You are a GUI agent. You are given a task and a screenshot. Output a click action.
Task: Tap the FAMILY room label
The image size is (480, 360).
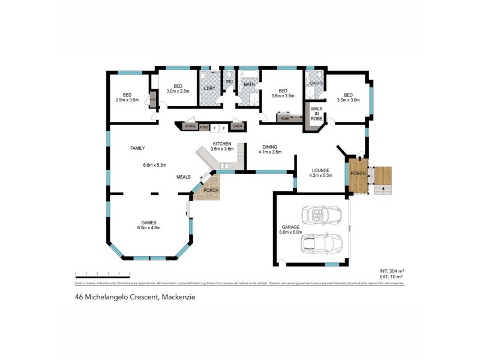click(x=137, y=148)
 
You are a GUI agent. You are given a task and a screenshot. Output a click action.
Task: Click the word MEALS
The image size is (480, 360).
click(x=183, y=177)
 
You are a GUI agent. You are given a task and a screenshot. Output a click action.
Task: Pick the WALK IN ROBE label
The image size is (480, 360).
click(x=316, y=114)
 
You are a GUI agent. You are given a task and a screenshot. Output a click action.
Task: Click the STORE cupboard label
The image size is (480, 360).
click(x=190, y=127)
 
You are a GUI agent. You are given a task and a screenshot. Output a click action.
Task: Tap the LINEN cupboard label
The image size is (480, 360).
click(x=237, y=127)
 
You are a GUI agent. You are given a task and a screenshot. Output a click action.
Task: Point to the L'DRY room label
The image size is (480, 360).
click(x=209, y=89)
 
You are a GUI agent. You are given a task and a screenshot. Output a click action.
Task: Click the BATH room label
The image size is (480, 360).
click(x=249, y=85)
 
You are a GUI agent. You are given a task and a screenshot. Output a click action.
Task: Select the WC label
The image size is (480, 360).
click(x=229, y=82)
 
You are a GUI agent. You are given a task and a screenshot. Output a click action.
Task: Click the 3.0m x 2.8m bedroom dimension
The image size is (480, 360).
click(x=178, y=92)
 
